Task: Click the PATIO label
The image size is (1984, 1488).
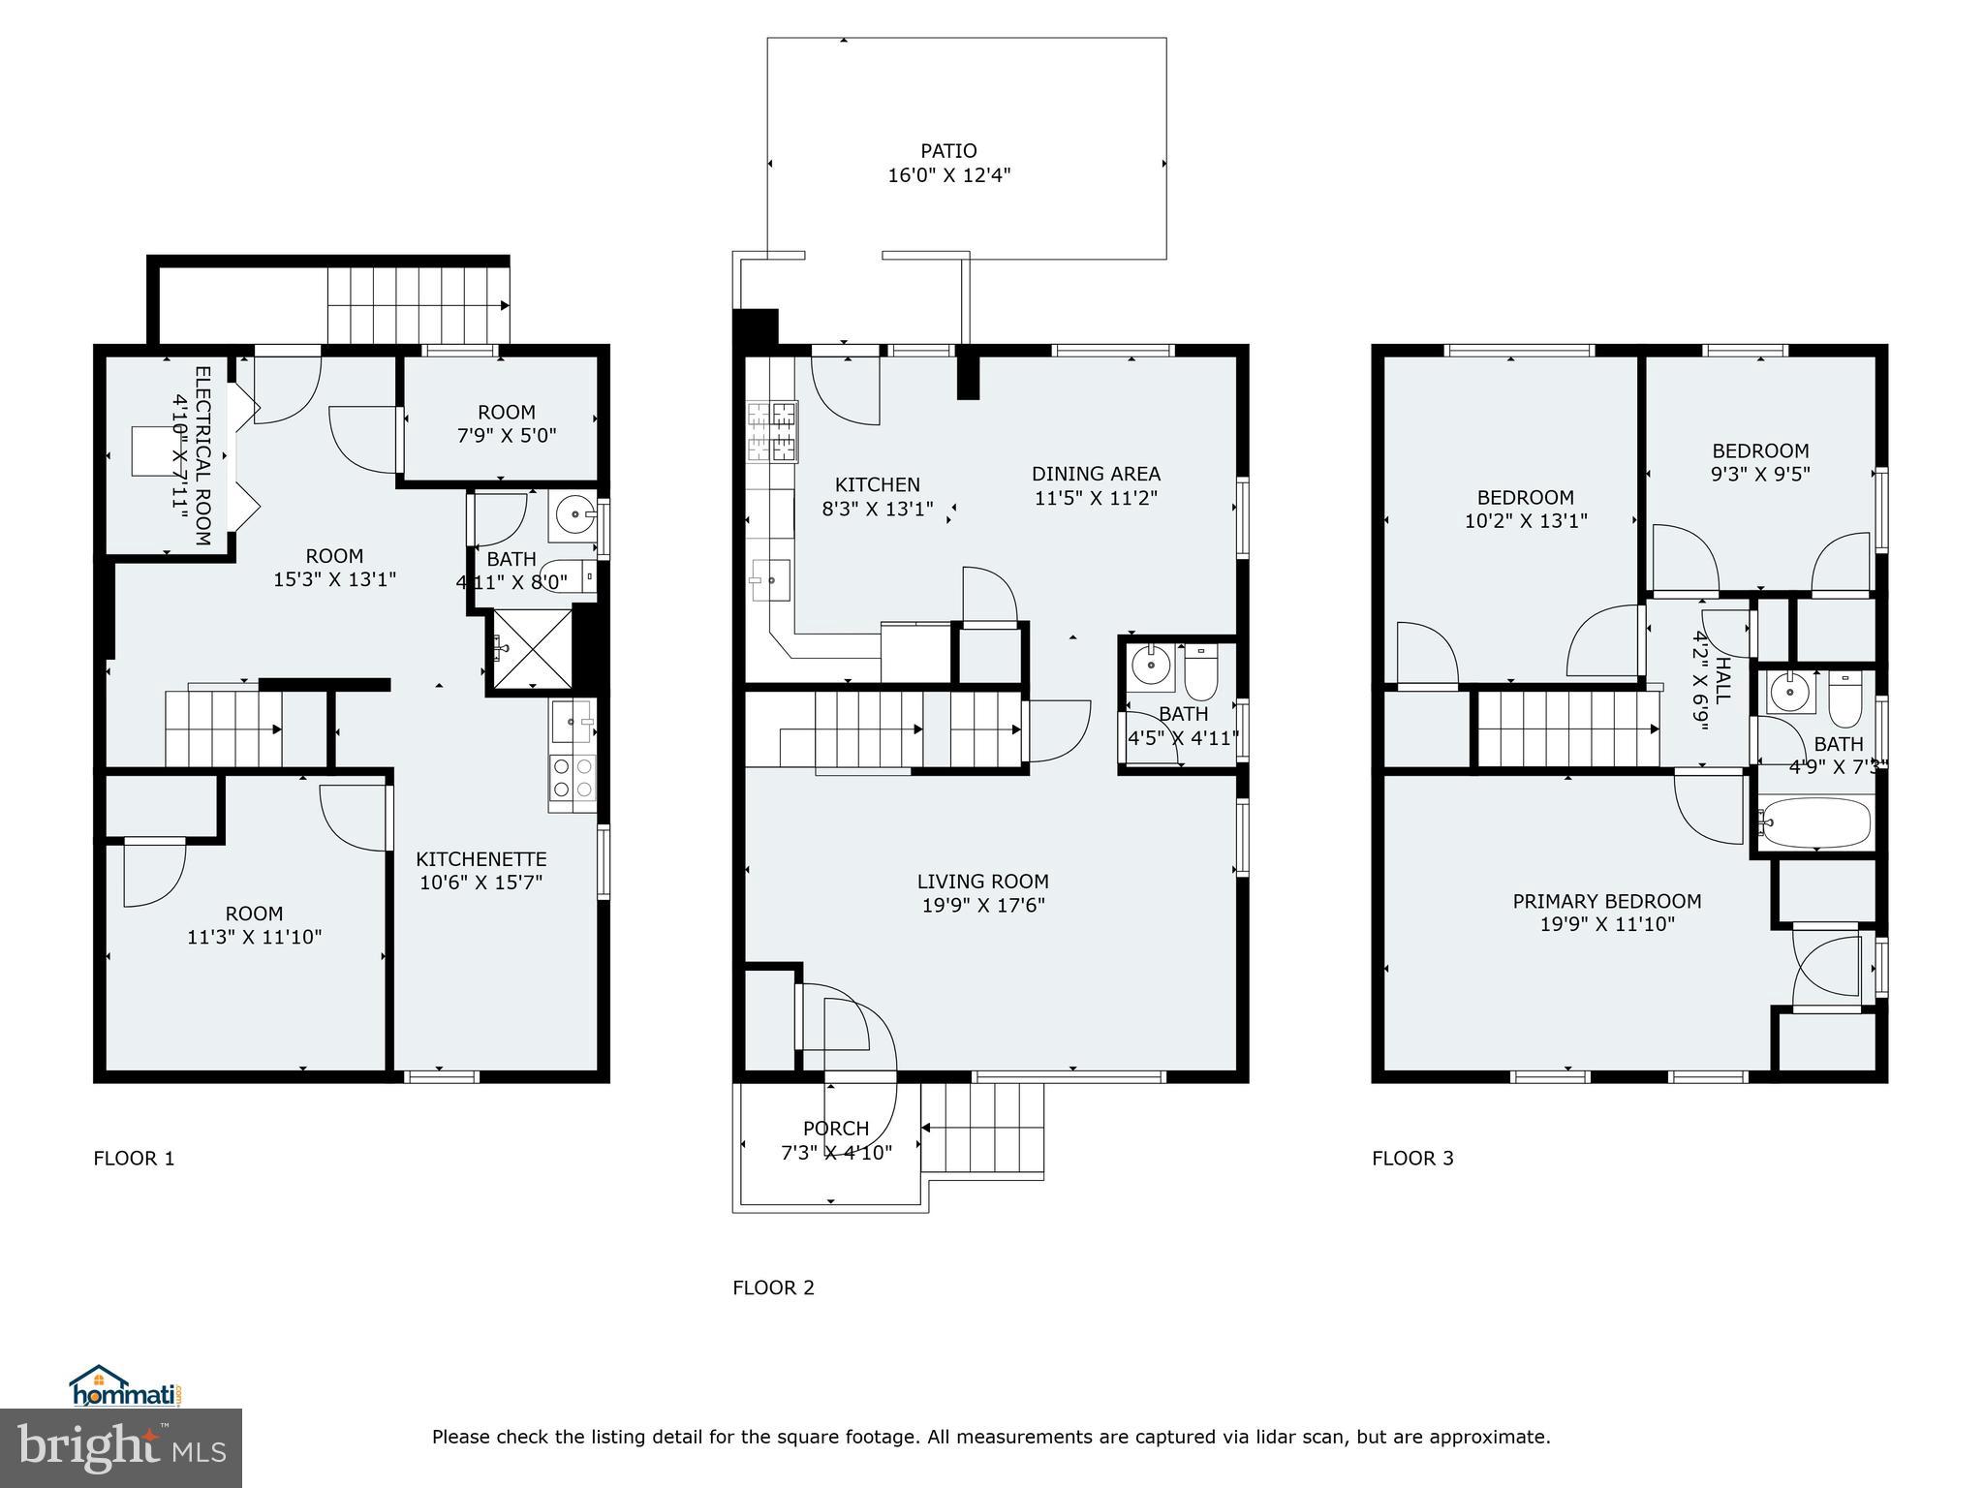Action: (948, 151)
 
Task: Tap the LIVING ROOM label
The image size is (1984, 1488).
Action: (982, 882)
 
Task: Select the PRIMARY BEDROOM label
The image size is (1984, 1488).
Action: (1606, 901)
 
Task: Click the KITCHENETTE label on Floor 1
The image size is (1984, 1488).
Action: (481, 859)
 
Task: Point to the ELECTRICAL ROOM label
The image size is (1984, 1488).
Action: (202, 455)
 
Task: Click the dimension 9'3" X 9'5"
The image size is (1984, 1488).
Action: (1760, 475)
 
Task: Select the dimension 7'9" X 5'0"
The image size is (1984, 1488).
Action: (507, 436)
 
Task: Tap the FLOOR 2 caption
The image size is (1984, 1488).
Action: (773, 1287)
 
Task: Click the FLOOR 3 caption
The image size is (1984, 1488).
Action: (1412, 1158)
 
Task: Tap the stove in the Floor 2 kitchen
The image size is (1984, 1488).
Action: (771, 431)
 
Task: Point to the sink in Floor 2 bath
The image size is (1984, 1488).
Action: (1151, 666)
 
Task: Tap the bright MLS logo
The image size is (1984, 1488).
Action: (121, 1447)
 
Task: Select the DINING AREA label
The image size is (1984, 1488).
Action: (1096, 474)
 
